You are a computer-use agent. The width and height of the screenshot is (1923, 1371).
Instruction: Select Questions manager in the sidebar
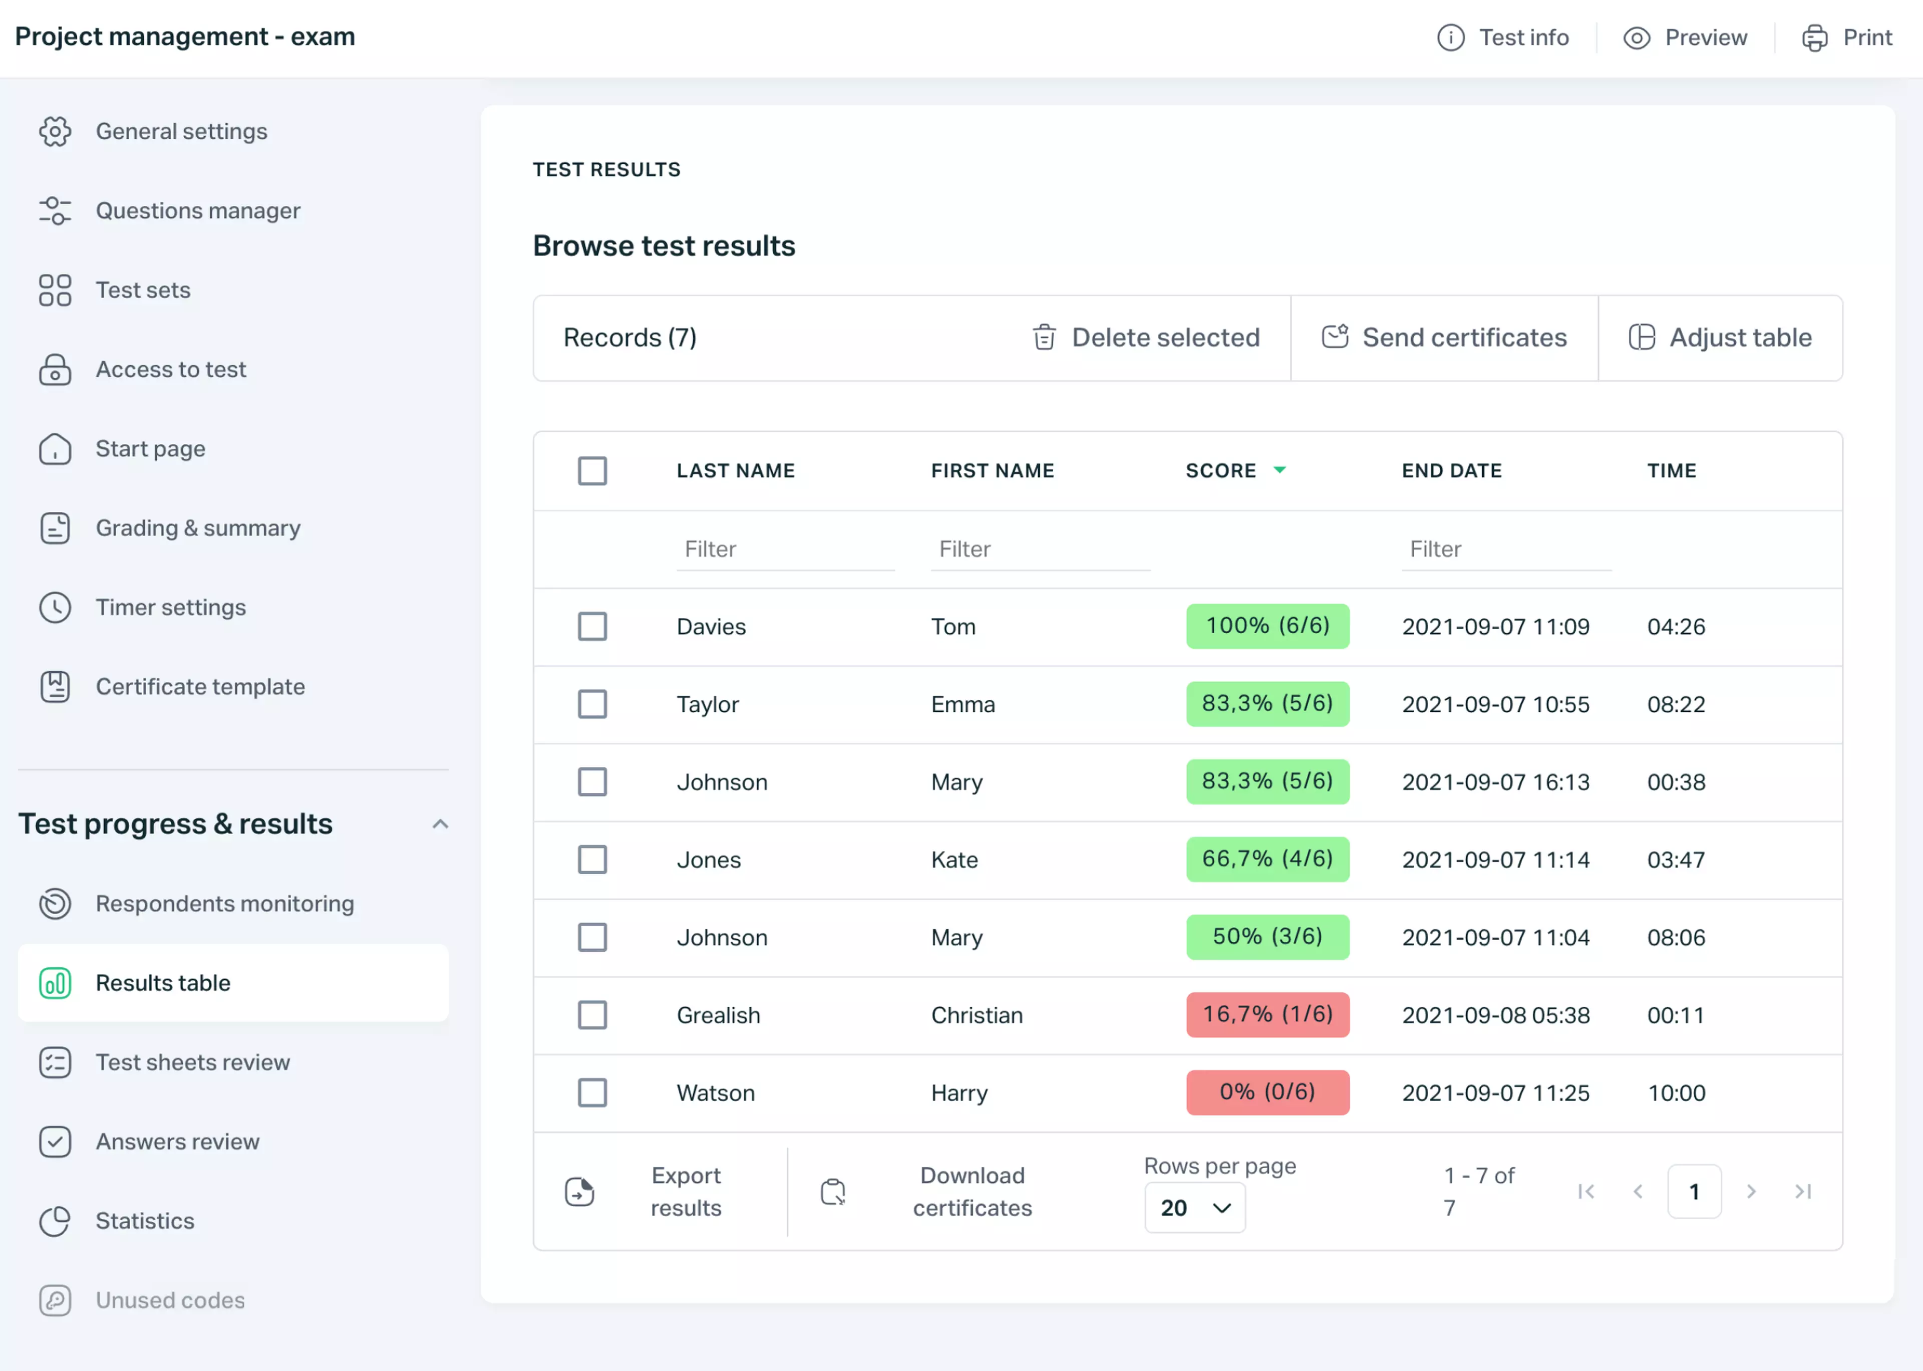197,211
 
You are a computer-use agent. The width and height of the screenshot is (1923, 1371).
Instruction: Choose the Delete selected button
1146,338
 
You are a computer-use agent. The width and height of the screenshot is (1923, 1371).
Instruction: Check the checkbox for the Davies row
592,627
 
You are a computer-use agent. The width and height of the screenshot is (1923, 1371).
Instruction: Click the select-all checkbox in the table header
592,471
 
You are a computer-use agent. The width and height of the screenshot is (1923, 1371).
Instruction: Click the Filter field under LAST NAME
785,550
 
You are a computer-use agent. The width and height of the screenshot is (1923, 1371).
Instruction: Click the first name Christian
976,1015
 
